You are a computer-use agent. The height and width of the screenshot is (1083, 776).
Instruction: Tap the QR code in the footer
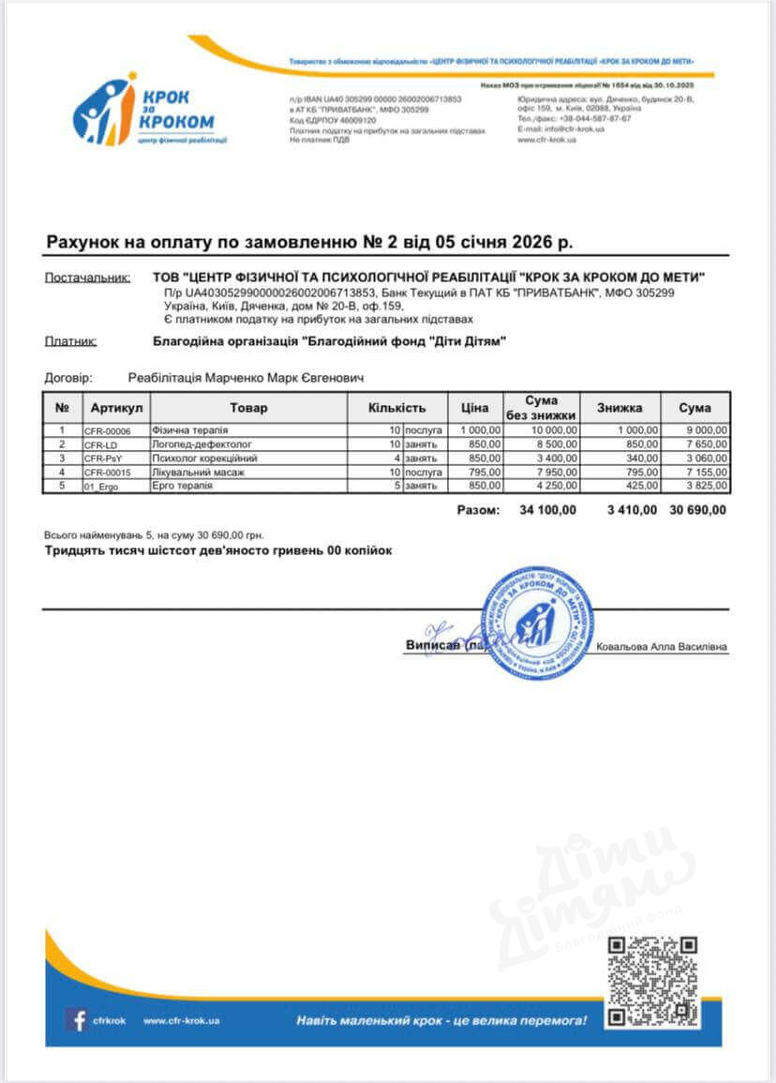[x=653, y=982]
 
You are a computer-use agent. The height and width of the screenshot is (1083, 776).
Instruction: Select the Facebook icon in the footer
[x=76, y=1019]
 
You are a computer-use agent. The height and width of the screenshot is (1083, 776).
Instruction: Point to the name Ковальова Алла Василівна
[x=662, y=647]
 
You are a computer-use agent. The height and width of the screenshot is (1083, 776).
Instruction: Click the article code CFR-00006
[x=108, y=430]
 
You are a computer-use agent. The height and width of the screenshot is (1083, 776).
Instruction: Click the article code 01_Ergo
[x=102, y=487]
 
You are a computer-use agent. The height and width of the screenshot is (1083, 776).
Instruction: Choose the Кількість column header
[x=396, y=408]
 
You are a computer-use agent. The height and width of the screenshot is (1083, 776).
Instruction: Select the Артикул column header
[x=116, y=408]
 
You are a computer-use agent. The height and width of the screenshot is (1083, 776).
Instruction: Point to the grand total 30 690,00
[x=697, y=510]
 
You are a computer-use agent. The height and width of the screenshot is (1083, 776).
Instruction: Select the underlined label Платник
[x=70, y=342]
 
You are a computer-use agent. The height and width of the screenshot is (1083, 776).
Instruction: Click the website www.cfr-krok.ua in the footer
[x=181, y=1020]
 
